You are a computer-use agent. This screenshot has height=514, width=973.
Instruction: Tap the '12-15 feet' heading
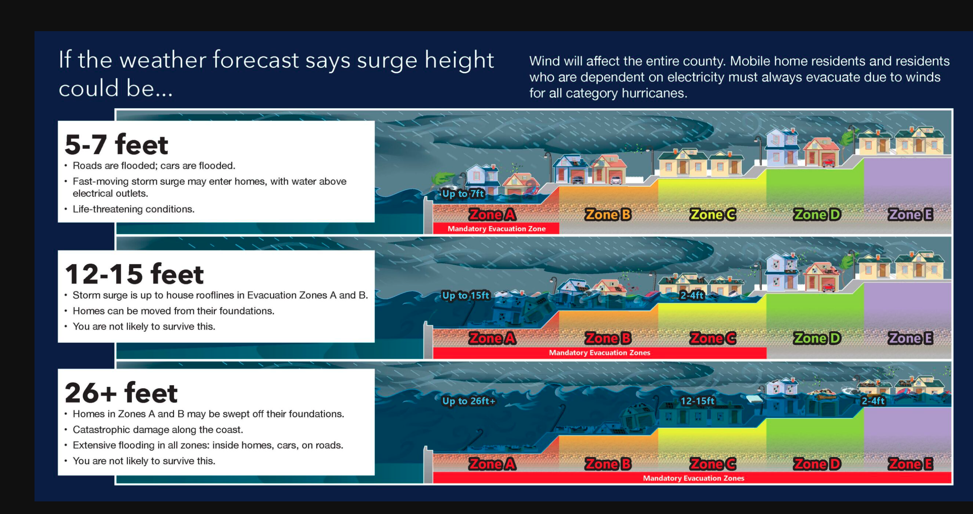(x=134, y=274)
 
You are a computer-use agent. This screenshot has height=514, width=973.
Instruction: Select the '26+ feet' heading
(x=121, y=393)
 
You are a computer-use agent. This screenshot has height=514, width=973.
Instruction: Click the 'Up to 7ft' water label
(x=463, y=194)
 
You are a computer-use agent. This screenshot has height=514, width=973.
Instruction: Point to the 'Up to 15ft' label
(x=465, y=295)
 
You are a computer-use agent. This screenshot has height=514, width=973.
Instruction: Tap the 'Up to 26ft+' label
(x=468, y=401)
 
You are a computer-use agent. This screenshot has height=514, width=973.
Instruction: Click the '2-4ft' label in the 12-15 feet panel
(x=692, y=295)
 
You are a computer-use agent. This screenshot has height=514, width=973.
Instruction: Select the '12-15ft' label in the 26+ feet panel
(x=697, y=401)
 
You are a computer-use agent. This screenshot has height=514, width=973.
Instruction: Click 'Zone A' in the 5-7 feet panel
(x=492, y=214)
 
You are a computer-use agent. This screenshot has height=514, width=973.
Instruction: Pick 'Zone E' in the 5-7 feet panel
(x=910, y=214)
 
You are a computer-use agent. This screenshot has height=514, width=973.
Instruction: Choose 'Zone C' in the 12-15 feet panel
(x=713, y=338)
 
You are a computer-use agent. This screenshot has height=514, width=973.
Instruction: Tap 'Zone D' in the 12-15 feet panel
(x=817, y=338)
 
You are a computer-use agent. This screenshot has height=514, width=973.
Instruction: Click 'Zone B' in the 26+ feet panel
(x=608, y=464)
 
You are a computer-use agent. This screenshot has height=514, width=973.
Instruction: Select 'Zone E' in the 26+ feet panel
(x=910, y=464)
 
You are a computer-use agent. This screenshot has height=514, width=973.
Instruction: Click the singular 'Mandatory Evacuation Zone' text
(x=496, y=229)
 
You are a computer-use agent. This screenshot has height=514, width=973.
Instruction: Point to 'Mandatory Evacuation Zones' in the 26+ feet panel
(x=694, y=478)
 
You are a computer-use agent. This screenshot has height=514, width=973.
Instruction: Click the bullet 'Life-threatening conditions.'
(x=133, y=209)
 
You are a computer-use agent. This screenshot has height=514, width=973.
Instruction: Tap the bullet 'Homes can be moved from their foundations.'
(x=173, y=311)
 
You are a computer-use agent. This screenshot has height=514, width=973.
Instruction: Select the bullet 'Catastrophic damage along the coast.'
(x=158, y=429)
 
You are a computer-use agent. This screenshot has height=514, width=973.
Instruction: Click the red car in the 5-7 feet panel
(x=828, y=163)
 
